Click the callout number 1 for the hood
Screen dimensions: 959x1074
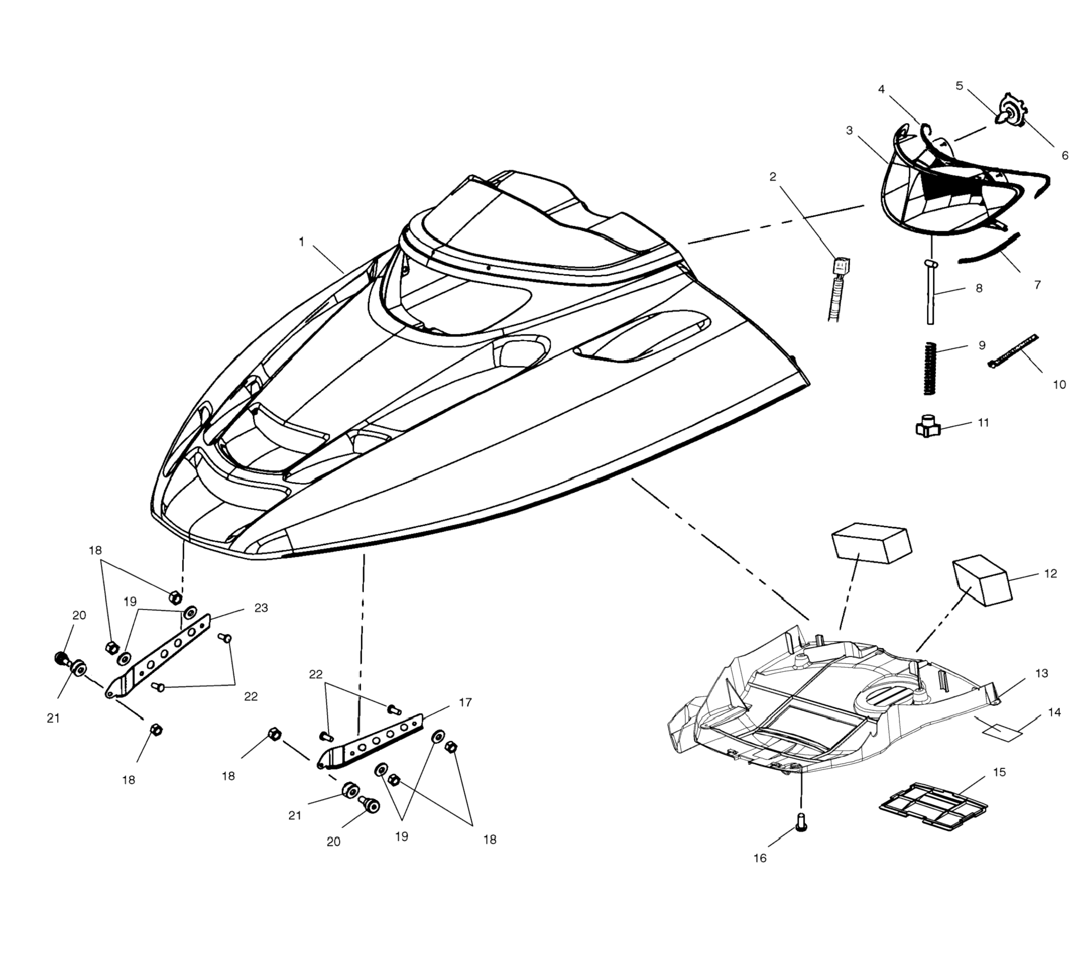tap(301, 242)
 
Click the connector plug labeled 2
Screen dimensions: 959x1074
tap(842, 266)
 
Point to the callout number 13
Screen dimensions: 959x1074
tap(1041, 673)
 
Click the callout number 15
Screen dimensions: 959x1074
tap(999, 772)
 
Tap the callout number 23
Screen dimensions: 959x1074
tap(261, 607)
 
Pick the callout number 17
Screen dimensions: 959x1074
tap(465, 702)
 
